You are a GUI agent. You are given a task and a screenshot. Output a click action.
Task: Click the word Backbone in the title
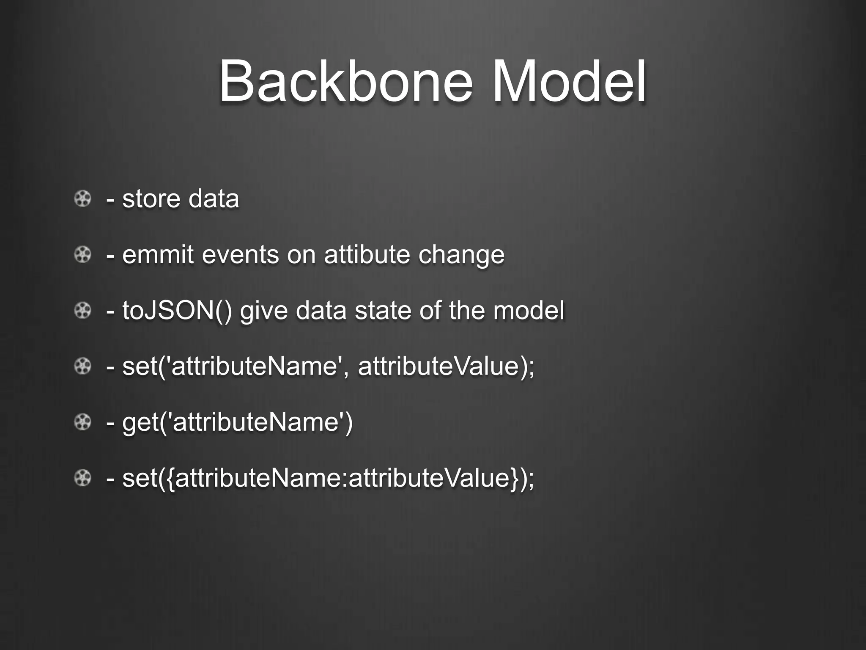[x=345, y=81]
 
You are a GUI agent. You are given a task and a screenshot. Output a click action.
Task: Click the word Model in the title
[x=569, y=81]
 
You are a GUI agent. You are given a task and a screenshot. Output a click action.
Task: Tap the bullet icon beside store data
[x=83, y=198]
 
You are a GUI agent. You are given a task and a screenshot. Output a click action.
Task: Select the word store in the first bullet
[x=151, y=199]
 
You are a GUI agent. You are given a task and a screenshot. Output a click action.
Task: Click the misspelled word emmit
[x=158, y=255]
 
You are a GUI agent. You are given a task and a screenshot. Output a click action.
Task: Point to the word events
[x=240, y=255]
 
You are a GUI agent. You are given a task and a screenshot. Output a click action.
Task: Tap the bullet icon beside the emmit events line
[x=83, y=255]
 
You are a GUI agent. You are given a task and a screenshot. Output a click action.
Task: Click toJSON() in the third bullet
[x=177, y=311]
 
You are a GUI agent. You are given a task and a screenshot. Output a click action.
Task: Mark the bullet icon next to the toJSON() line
[x=83, y=311]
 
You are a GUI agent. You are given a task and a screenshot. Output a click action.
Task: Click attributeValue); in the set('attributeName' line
[x=446, y=366]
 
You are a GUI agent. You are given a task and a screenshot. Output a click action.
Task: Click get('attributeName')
[x=237, y=422]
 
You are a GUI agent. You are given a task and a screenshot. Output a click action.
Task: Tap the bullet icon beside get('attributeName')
[x=83, y=422]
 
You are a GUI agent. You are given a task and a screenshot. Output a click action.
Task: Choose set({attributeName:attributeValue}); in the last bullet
[x=328, y=478]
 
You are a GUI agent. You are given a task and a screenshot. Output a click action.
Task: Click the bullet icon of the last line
[x=83, y=478]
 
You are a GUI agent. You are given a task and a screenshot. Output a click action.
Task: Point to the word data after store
[x=214, y=199]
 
